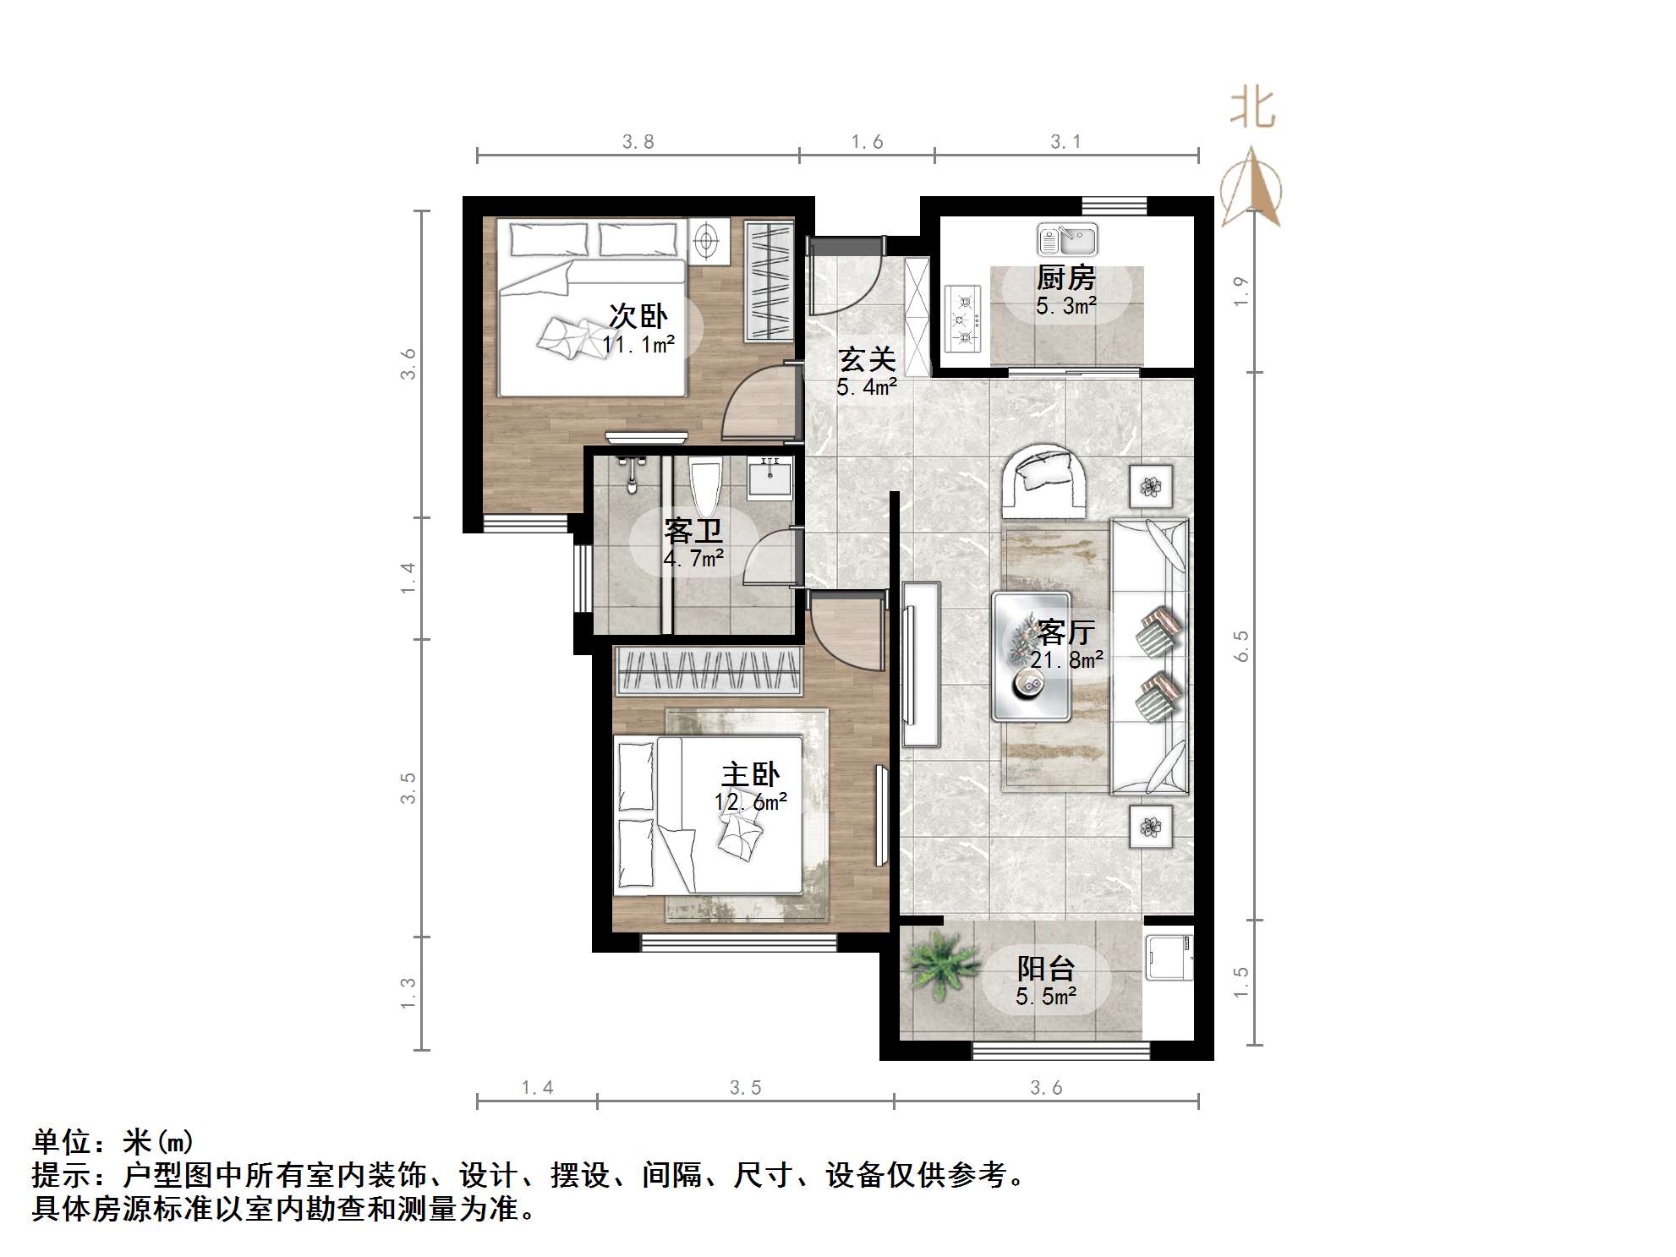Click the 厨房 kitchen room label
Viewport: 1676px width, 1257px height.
coord(1065,277)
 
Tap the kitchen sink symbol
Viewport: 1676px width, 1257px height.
coord(1067,240)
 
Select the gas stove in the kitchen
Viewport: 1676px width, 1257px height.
coord(964,319)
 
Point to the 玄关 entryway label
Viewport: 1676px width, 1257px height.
coord(867,360)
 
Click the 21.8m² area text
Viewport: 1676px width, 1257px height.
coord(1066,659)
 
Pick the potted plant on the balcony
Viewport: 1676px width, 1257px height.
coord(937,967)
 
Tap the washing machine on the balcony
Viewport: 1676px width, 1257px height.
coord(1169,957)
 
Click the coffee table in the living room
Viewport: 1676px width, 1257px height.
coord(1032,657)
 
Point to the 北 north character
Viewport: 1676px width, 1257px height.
coord(1252,110)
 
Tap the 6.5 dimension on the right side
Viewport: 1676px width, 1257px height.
coord(1241,646)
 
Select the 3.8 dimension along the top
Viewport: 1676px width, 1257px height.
coord(638,142)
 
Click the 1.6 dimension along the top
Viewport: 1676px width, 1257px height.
coord(867,142)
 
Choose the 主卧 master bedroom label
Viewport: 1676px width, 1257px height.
coord(750,774)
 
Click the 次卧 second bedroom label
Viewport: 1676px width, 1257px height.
coord(638,316)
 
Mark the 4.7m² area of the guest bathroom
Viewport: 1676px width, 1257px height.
coord(693,559)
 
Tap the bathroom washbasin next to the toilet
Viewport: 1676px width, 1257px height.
coord(770,478)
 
